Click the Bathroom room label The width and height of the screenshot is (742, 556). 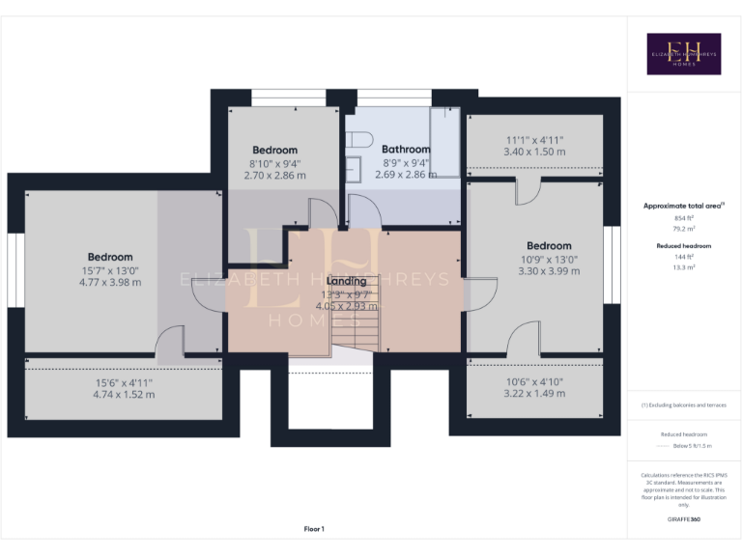coord(405,150)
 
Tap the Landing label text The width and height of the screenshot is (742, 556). coord(346,281)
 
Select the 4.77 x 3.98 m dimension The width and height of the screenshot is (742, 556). coord(109,283)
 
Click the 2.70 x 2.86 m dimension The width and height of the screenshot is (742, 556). coord(274,176)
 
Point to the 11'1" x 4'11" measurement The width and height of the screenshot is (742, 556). coord(534,140)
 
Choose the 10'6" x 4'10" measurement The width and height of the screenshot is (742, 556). coord(534,380)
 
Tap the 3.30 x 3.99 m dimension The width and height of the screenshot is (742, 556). coord(548,271)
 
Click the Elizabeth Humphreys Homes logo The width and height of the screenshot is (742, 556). coord(683,54)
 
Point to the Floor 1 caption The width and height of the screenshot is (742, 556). coord(314,529)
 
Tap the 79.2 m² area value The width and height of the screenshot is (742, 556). coord(683,230)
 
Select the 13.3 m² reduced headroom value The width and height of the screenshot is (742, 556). coord(683,268)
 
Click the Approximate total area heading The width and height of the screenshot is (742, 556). coord(683,206)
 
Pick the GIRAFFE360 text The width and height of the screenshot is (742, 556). coord(683,520)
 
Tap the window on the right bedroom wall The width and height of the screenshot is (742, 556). coord(611,264)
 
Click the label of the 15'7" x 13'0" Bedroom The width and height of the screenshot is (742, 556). coord(109,257)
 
